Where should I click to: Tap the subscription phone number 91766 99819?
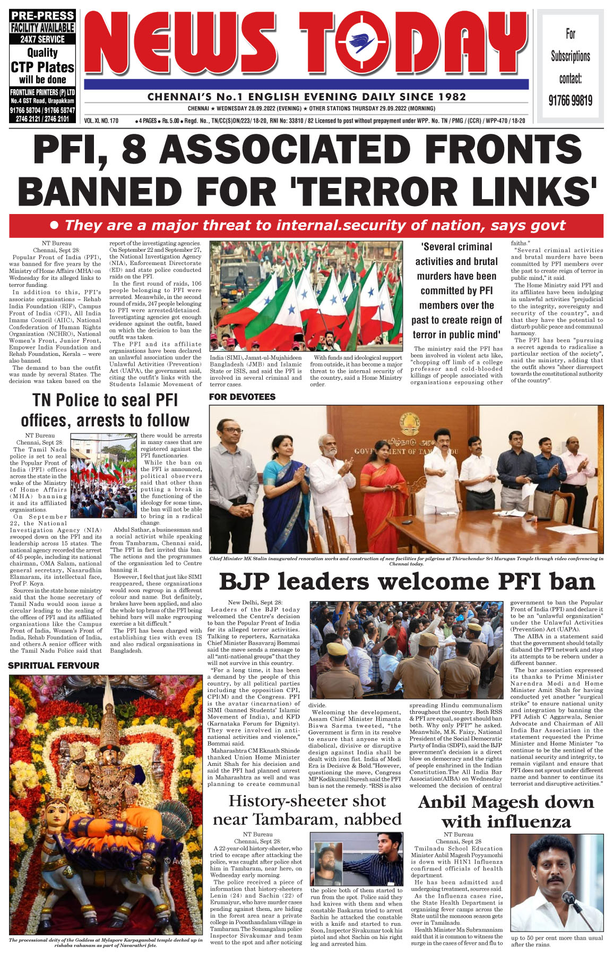pos(571,100)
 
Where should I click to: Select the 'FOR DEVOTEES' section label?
pos(242,397)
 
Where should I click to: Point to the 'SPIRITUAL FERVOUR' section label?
pos(54,665)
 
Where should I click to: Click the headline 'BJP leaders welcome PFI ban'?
pos(407,582)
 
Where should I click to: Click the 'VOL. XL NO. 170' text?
pos(101,121)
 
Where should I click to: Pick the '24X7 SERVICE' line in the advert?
pos(42,39)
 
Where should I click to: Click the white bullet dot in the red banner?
pos(54,225)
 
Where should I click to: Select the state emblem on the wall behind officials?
pos(409,424)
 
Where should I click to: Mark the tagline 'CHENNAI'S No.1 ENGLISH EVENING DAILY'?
pos(306,97)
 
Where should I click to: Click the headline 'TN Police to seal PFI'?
pos(105,400)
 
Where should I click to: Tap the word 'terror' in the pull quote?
pos(425,335)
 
